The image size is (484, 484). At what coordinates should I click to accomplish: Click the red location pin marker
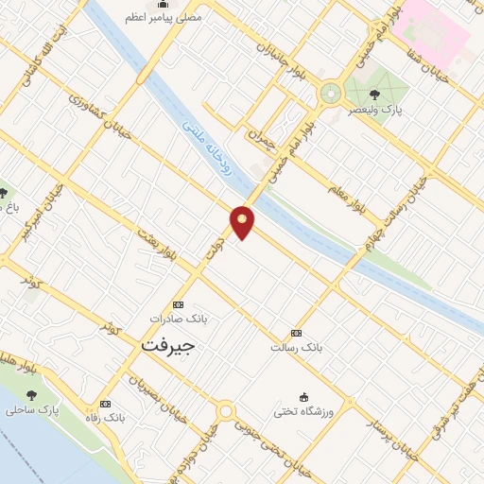click(x=243, y=220)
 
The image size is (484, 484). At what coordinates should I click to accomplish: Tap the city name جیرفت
click(x=168, y=346)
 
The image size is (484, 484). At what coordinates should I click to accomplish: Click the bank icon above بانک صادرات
click(x=179, y=304)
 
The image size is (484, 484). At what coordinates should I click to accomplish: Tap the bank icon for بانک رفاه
click(x=105, y=404)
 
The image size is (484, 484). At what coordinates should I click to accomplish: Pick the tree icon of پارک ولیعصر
click(x=375, y=94)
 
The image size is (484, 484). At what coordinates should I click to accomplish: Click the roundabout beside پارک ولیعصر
click(x=330, y=94)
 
